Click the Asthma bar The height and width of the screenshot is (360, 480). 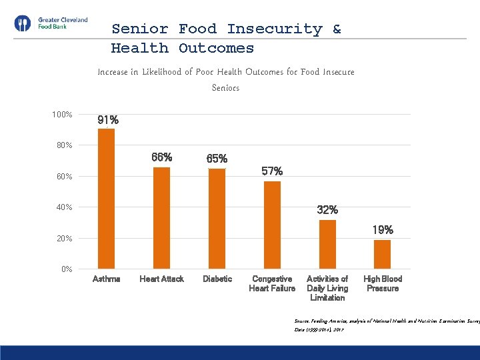[x=106, y=199]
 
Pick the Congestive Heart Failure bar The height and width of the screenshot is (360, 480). [x=272, y=225]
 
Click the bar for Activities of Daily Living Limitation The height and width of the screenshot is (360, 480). [x=327, y=244]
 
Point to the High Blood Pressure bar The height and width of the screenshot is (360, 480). [x=382, y=254]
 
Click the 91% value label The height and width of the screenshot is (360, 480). [x=108, y=121]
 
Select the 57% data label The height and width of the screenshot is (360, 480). [x=272, y=171]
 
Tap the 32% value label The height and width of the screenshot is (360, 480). [x=327, y=210]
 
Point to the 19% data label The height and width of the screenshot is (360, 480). [x=383, y=230]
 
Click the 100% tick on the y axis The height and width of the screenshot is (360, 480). [x=62, y=115]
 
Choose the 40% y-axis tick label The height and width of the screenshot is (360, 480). [x=64, y=207]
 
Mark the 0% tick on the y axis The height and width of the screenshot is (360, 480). [x=67, y=269]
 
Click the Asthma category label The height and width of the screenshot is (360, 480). [x=106, y=279]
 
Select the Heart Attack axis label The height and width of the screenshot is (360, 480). [x=161, y=279]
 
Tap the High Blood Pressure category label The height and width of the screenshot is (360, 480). [x=382, y=283]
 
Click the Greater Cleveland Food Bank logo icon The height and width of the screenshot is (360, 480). [x=22, y=24]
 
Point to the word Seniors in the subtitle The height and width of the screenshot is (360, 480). [x=225, y=87]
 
